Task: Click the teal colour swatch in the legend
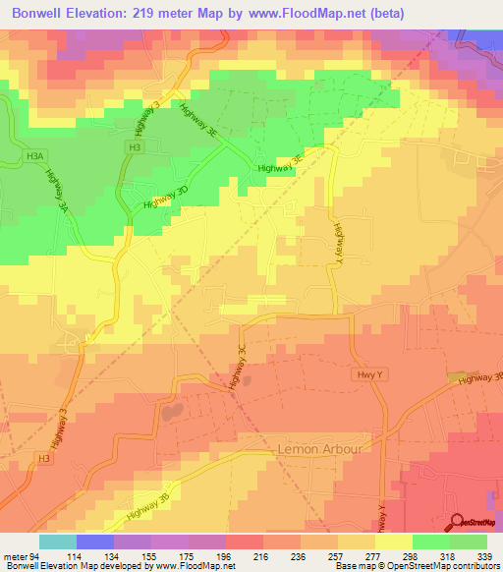58,542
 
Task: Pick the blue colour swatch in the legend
95,542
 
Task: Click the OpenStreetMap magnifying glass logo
456,521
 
